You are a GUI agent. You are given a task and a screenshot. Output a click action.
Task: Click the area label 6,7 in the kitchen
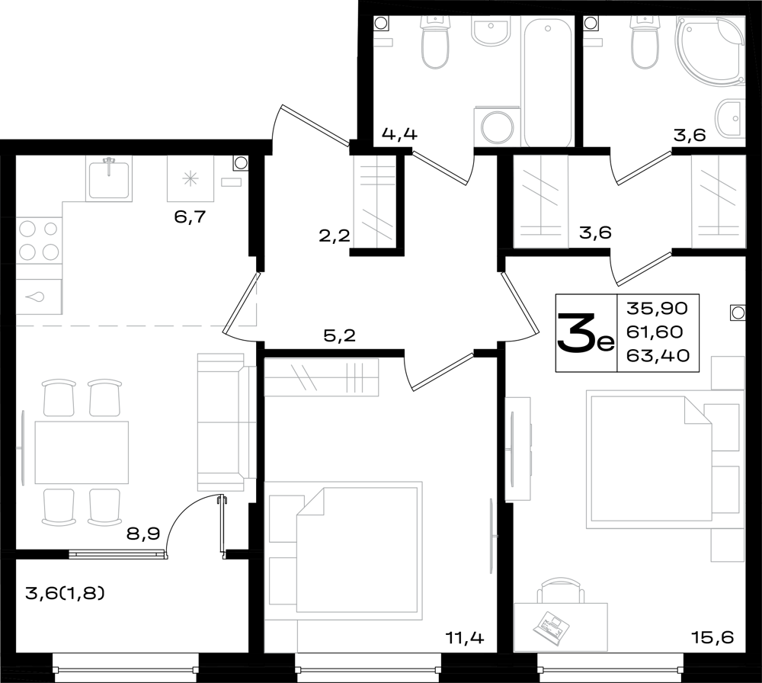pos(190,216)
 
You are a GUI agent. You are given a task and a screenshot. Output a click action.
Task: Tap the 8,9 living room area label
pos(143,534)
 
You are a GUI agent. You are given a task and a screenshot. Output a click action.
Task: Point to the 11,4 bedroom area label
pos(465,637)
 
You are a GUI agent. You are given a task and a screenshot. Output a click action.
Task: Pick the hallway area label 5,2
pos(340,335)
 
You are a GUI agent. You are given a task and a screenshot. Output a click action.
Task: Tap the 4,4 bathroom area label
pos(399,133)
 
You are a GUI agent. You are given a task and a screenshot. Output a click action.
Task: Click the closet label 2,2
pos(335,236)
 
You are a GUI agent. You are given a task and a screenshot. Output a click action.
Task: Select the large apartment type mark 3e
pos(586,333)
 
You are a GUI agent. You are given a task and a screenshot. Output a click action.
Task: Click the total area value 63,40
pos(658,356)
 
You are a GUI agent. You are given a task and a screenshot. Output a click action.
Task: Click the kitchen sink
pos(109,178)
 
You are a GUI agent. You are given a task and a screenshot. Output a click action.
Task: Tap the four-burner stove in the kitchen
pos(40,241)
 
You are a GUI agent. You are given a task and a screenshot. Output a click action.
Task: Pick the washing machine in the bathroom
pos(497,127)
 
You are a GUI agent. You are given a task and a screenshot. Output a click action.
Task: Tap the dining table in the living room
pos(82,452)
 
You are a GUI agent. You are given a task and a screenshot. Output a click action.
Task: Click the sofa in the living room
pos(226,422)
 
